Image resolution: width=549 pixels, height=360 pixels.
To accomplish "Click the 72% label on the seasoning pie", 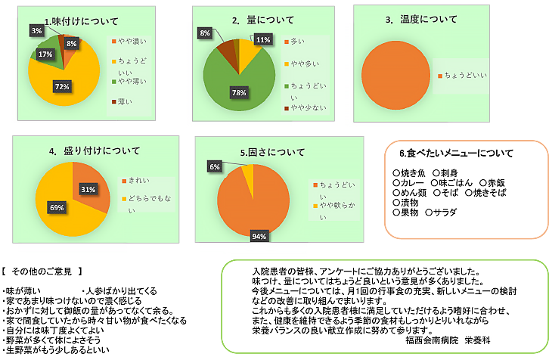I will point(62,88).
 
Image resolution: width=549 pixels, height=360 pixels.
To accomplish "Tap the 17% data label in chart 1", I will point(45,54).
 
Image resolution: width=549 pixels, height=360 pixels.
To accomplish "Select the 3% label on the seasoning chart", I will point(36,31).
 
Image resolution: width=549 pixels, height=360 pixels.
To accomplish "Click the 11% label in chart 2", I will point(263,40).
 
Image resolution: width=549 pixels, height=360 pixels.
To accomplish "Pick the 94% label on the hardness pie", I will point(259,237).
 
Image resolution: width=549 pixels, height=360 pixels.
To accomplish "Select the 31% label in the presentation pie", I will point(88,188).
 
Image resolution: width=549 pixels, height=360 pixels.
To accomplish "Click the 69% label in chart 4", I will point(57,207).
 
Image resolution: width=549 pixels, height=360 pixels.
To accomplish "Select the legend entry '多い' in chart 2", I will point(297,40).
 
